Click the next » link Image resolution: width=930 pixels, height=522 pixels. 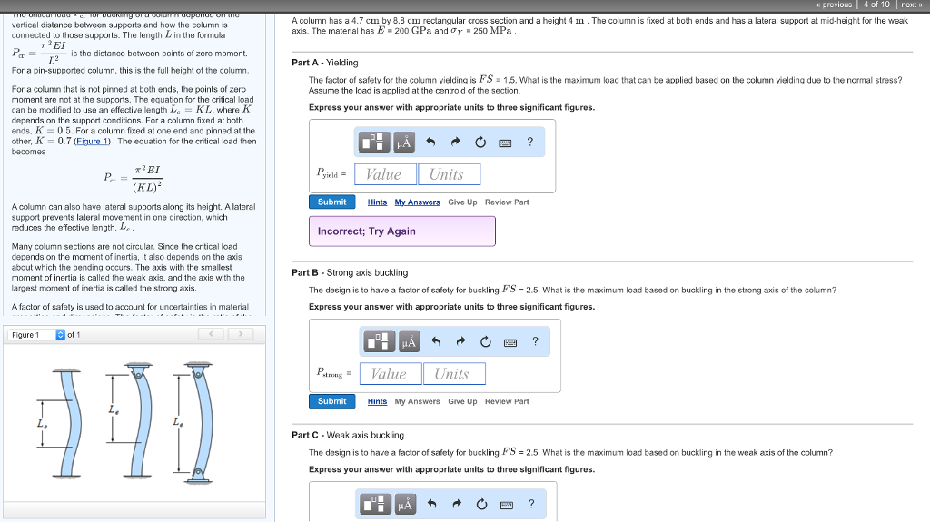click(911, 5)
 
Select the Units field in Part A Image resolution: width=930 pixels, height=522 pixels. click(448, 174)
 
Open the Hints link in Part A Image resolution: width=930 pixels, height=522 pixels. click(377, 202)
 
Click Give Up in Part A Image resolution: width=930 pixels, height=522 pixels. click(462, 202)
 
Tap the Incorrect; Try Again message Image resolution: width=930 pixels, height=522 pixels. click(401, 231)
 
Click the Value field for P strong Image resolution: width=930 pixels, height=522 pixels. click(390, 374)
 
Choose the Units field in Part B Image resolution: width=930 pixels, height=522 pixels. click(453, 374)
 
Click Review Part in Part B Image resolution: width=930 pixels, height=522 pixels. click(507, 401)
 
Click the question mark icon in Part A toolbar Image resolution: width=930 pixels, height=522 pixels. click(529, 142)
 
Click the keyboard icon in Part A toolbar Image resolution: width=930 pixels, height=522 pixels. click(505, 143)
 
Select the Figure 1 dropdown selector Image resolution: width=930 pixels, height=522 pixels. click(37, 335)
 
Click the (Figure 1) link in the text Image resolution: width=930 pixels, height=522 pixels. click(94, 142)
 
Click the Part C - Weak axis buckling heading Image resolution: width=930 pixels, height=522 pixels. click(348, 436)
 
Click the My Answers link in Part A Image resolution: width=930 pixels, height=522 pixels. click(417, 202)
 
